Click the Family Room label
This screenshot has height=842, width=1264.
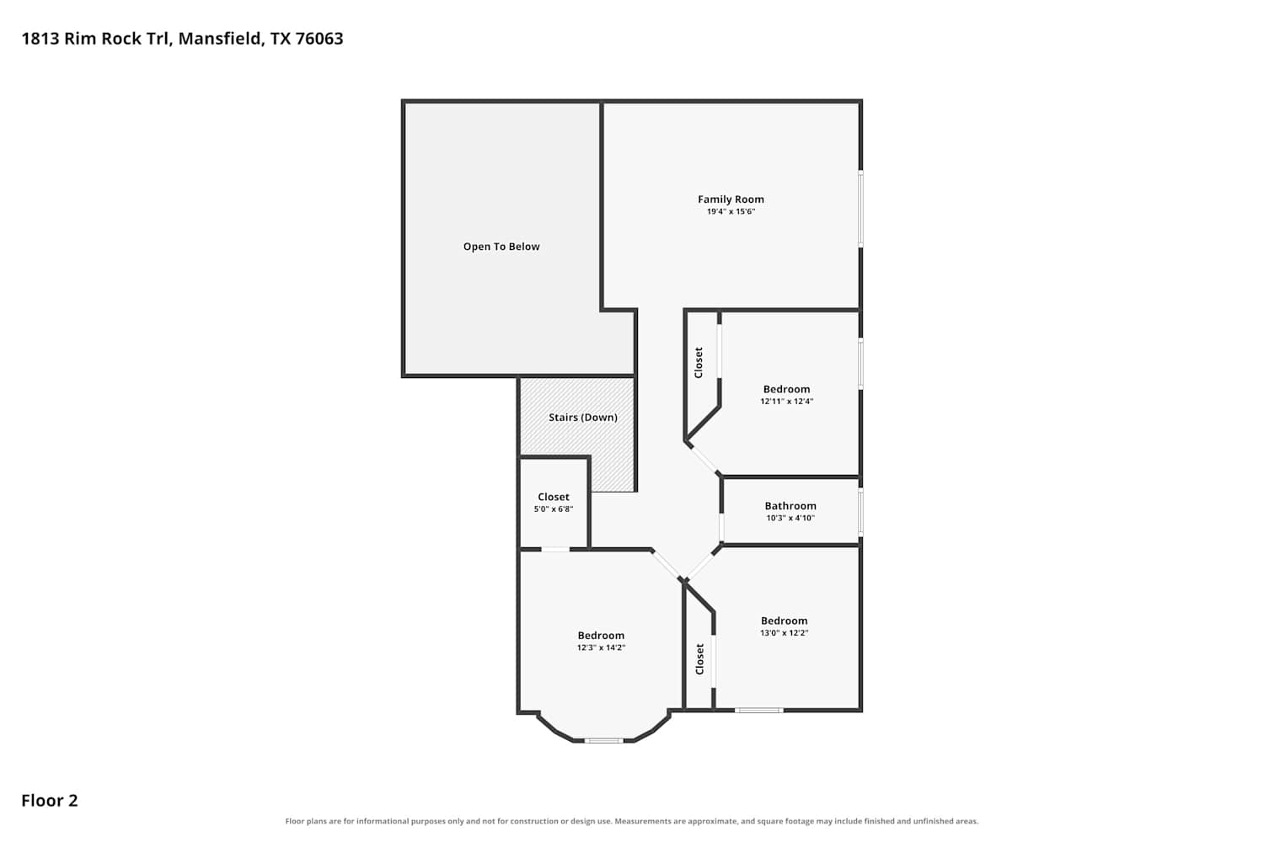coord(731,199)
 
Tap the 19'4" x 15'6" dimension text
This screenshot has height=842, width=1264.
coord(731,211)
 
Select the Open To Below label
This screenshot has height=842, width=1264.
coord(501,247)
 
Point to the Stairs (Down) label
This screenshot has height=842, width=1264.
coord(583,418)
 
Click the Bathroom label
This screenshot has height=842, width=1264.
coord(790,506)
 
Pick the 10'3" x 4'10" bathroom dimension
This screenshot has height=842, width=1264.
coord(790,518)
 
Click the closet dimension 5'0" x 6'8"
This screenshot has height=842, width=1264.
coord(554,509)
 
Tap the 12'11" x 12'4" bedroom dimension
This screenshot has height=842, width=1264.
coord(786,401)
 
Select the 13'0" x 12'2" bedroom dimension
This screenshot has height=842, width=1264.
coord(785,633)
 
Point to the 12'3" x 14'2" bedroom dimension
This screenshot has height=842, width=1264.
coord(601,647)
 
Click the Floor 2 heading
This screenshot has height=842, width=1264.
coord(50,800)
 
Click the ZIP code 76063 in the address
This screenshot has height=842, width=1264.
coord(319,39)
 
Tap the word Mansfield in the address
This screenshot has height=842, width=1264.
coord(221,39)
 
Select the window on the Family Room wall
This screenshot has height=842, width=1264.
coord(860,209)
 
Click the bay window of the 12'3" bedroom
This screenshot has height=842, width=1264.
coord(603,740)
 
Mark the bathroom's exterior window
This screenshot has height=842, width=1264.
coord(860,512)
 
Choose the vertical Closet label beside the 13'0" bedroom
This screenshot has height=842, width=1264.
coord(699,658)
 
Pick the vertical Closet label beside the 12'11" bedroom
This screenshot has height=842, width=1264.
coord(699,363)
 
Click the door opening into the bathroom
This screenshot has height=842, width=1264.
coord(721,527)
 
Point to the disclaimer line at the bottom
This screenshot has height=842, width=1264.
coord(631,821)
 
